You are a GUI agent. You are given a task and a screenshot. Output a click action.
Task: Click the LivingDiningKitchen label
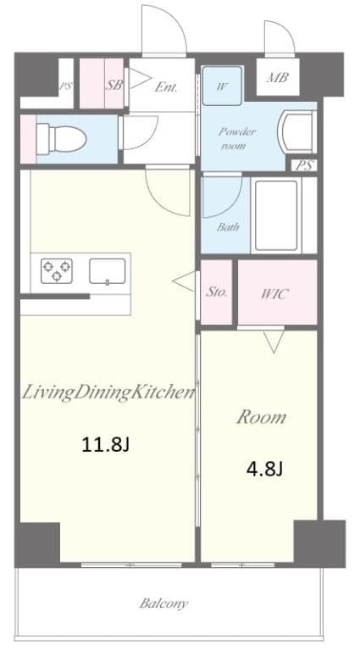coord(108,392)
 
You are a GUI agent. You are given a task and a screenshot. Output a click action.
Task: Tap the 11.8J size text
coord(104,443)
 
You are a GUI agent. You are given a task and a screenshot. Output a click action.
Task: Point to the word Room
coord(260,417)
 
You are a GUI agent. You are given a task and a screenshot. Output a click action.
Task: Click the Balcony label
coord(163,604)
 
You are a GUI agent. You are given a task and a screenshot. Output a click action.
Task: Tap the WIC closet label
coord(274,294)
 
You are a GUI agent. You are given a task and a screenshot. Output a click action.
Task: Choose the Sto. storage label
coord(217,292)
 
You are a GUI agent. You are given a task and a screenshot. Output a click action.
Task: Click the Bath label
coord(227,227)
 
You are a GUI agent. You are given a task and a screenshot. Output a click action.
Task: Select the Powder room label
coord(237,137)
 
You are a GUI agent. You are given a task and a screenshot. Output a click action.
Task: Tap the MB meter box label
coord(277,79)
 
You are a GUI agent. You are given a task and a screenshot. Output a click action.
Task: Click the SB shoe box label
coord(114,85)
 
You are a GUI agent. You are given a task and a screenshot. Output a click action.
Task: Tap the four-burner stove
coord(56,271)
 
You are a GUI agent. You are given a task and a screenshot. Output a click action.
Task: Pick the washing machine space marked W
coord(222,85)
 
